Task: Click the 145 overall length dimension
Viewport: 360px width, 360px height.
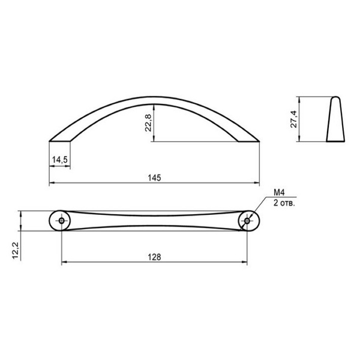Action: pos(155,178)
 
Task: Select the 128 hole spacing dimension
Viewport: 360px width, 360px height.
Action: pos(155,257)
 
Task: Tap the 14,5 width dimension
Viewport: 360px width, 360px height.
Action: pos(59,160)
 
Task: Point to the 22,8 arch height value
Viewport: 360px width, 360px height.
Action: pos(149,123)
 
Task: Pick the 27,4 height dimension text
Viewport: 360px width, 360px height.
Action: pos(294,119)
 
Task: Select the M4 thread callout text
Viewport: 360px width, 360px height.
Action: pos(279,193)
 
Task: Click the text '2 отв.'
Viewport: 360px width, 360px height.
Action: pos(284,203)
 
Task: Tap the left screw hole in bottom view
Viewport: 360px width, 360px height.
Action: pos(61,221)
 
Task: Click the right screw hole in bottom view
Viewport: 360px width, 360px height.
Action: pos(247,221)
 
